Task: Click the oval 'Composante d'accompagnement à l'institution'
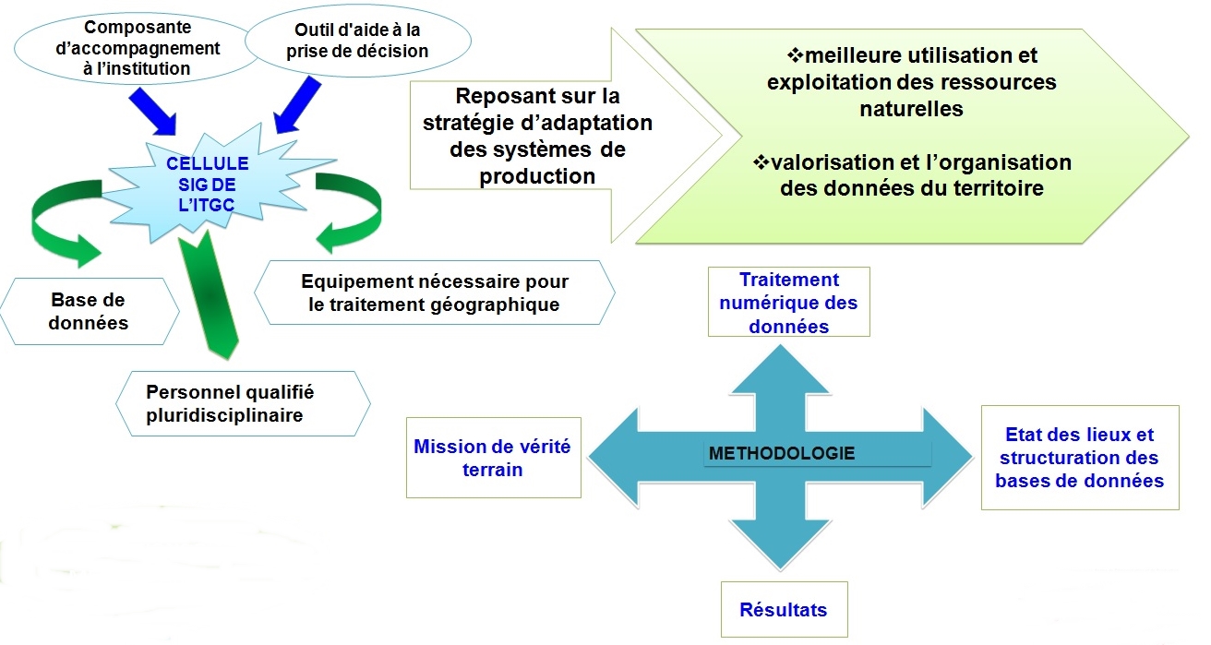[138, 49]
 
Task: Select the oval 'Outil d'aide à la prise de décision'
[358, 41]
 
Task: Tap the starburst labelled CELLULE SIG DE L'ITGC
[210, 184]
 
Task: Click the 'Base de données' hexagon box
[90, 311]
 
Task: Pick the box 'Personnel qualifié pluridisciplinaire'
[243, 403]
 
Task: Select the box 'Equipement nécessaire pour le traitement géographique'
[435, 293]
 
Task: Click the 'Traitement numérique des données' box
[789, 302]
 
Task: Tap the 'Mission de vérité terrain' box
[494, 458]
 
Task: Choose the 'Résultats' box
[784, 609]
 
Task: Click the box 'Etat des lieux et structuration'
[1080, 458]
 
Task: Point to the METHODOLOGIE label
[782, 453]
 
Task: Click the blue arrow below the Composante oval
[153, 112]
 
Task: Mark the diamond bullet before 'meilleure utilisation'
[795, 54]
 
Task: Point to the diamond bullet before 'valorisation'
[761, 161]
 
